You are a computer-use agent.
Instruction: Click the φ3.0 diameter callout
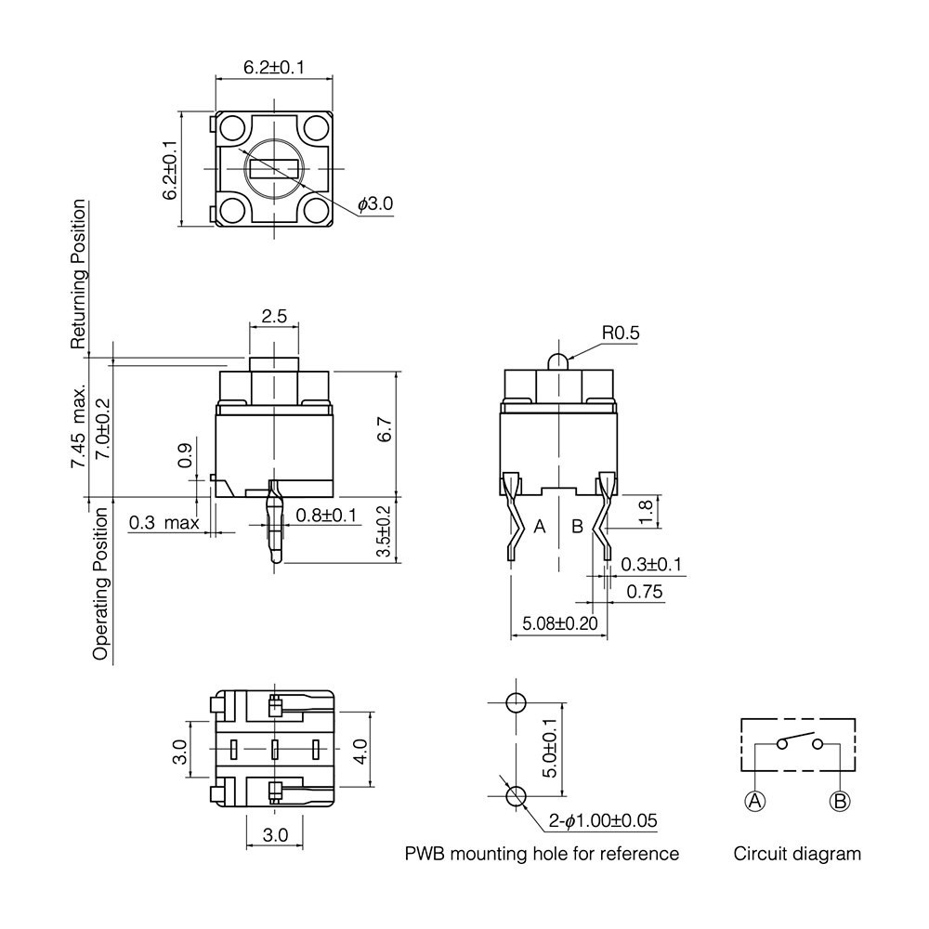tap(375, 203)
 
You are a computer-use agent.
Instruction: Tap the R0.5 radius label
tap(621, 333)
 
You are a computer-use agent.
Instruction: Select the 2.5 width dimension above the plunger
tap(274, 316)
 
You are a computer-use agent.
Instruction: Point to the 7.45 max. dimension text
tap(79, 426)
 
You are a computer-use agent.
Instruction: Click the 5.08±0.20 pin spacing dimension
tap(560, 623)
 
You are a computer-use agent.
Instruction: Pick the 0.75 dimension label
tap(645, 591)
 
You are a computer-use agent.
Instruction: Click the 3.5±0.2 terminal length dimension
tap(385, 530)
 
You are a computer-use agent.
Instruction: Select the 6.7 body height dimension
tap(385, 429)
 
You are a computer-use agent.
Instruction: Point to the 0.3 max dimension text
tap(164, 522)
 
